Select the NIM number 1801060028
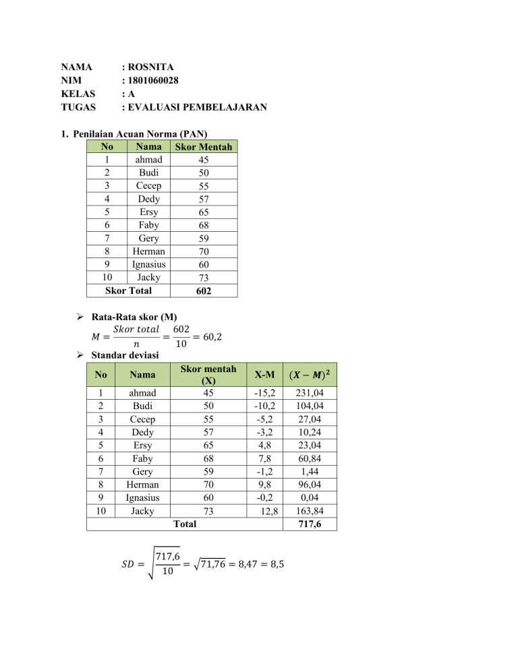point(156,80)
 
